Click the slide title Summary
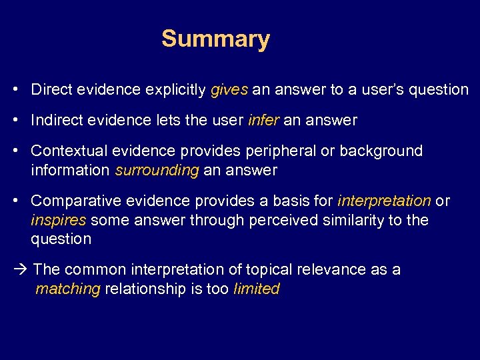(215, 39)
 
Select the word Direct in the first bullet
(51, 89)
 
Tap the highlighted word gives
(229, 89)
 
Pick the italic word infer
(264, 121)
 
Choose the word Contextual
(64, 151)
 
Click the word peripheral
(295, 151)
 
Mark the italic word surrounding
(157, 171)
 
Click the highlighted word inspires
(58, 220)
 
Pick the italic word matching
(67, 289)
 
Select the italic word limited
(257, 289)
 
